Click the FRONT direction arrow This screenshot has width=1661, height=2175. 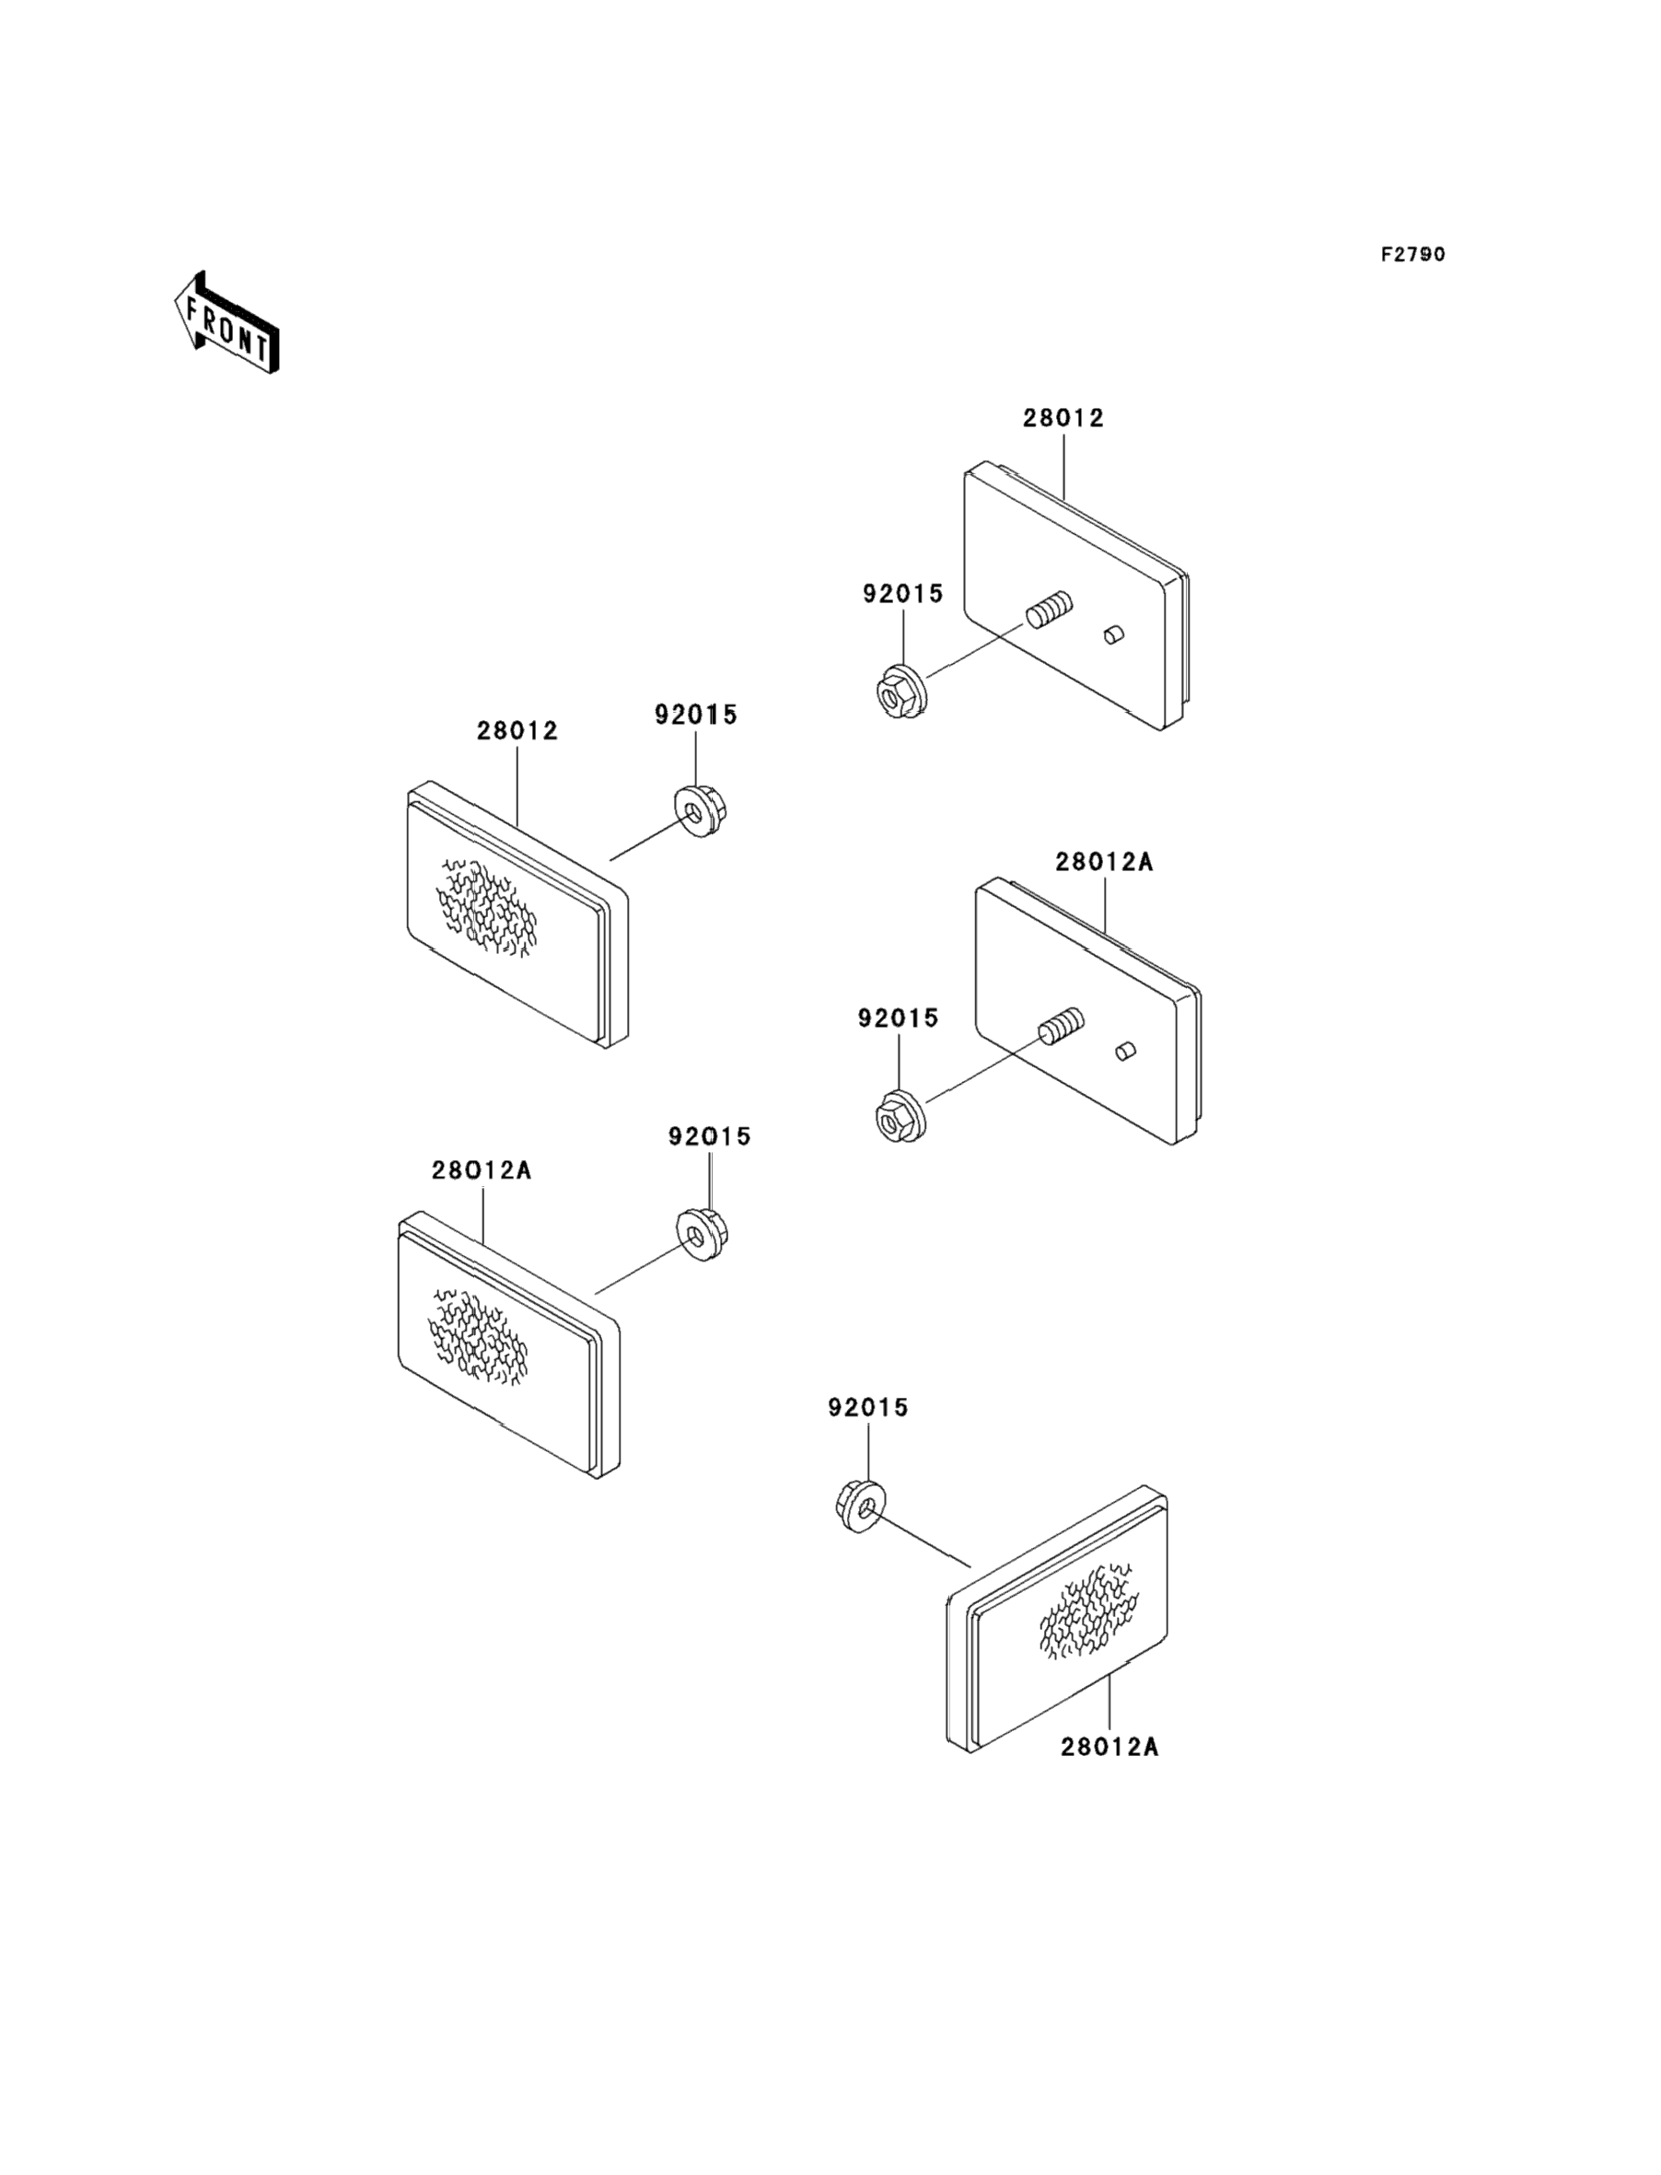(x=226, y=322)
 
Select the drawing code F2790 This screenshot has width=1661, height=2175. (x=1412, y=254)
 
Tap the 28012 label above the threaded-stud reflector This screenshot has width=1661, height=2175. (x=1063, y=417)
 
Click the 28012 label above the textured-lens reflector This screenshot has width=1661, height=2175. (x=517, y=730)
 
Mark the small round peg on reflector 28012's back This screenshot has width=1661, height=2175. (x=1114, y=634)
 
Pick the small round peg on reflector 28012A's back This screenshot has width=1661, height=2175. (x=1125, y=1051)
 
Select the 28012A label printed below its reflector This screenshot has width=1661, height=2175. (x=1109, y=1747)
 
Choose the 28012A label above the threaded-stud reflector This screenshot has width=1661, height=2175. (x=1103, y=862)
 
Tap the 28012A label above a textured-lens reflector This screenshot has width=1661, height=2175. (x=482, y=1170)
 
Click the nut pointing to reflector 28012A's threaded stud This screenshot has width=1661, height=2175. (x=900, y=1115)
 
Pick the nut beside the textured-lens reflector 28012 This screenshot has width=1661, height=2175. (x=700, y=810)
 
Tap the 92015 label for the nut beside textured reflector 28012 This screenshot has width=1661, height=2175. (x=696, y=715)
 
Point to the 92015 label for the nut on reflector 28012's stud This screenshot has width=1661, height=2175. (x=902, y=593)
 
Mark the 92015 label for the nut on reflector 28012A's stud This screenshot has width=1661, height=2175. (x=898, y=1018)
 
